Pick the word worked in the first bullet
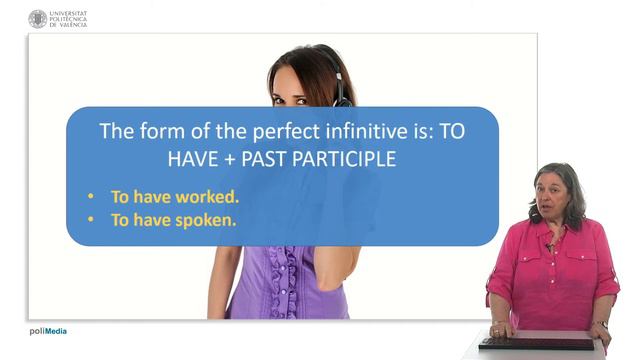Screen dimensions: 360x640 point(206,196)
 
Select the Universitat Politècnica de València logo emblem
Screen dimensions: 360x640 point(38,18)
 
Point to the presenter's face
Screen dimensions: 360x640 point(556,194)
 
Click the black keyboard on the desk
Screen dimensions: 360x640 point(536,343)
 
